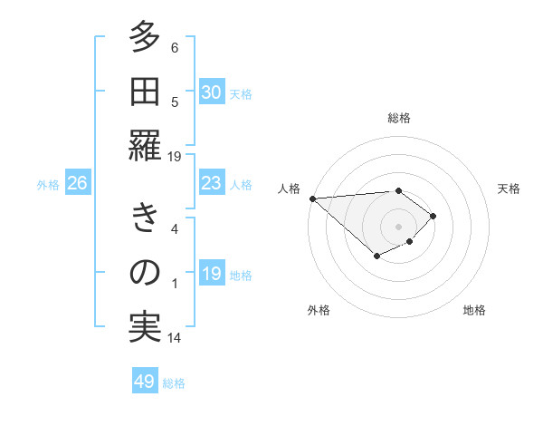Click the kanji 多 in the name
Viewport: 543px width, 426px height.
coord(145,39)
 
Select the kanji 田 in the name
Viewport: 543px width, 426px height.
coord(145,92)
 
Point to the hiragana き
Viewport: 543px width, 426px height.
coord(145,219)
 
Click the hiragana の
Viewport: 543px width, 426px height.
coord(145,273)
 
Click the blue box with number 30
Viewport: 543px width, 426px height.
coord(211,92)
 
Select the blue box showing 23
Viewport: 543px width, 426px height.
coord(211,183)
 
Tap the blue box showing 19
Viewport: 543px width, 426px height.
coord(211,274)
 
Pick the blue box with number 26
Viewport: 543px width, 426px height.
coord(77,183)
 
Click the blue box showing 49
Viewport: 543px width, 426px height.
coord(145,382)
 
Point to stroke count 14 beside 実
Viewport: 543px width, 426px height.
coord(175,338)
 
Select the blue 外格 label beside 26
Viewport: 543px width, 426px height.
coord(48,184)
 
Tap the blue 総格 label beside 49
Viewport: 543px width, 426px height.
coord(174,382)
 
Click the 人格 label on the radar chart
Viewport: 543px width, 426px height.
coord(291,189)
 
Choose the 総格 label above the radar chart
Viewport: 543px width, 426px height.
coord(398,118)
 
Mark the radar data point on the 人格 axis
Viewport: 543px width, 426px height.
coord(312,198)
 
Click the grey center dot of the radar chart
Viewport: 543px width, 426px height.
coord(398,226)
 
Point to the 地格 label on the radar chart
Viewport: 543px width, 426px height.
coord(474,310)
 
